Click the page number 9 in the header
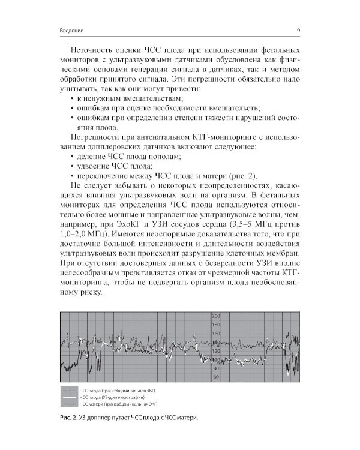point(298,31)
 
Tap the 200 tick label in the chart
point(217,316)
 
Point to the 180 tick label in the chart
point(217,325)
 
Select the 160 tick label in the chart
point(217,334)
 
